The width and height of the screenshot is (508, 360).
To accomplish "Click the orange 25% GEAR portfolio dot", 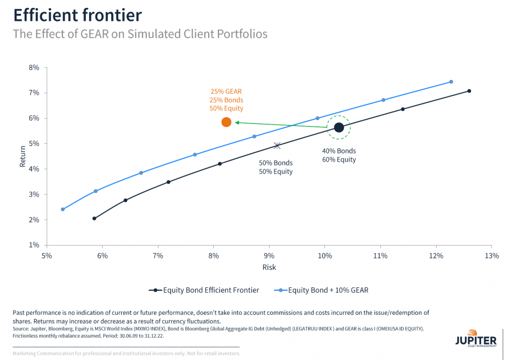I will tap(226, 122).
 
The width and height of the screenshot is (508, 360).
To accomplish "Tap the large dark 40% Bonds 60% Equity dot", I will tap(339, 128).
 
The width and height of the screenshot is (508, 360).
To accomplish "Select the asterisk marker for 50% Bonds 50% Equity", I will tap(277, 145).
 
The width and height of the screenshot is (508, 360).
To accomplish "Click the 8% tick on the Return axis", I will tap(34, 68).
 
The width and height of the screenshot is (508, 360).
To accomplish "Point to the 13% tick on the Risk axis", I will tap(492, 256).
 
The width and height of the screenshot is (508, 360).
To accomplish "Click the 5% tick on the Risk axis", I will tap(47, 256).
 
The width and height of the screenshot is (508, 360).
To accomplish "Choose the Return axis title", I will tap(22, 156).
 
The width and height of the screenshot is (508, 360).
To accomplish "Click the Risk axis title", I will tap(269, 267).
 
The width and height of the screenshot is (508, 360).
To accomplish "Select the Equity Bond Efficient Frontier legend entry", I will tap(204, 290).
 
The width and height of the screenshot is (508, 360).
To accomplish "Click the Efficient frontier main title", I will tap(77, 15).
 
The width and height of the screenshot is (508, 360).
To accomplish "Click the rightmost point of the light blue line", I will tap(451, 82).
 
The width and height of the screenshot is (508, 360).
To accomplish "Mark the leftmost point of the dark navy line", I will tap(94, 219).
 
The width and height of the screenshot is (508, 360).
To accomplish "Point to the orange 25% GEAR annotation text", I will tap(227, 100).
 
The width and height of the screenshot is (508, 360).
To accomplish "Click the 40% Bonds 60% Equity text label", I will tap(339, 156).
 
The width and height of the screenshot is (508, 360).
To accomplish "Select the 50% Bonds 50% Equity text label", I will tap(276, 167).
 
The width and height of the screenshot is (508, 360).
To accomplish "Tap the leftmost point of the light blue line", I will tap(63, 210).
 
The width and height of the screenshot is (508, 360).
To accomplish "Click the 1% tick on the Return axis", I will tap(34, 245).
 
